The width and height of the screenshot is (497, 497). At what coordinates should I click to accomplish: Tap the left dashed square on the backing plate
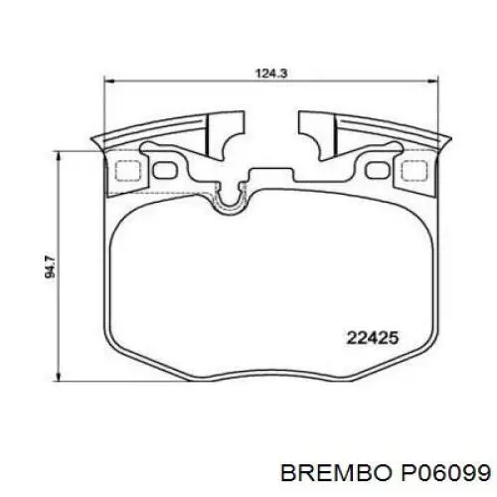click(x=126, y=170)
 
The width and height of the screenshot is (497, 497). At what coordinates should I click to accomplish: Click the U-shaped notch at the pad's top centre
click(x=231, y=200)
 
